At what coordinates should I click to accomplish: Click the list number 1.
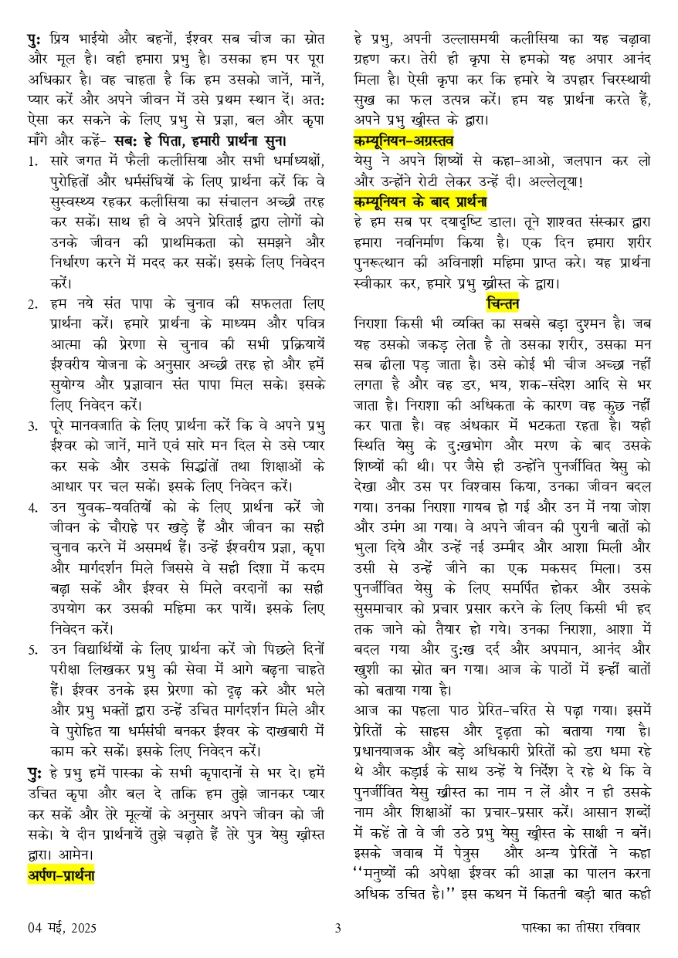(32, 161)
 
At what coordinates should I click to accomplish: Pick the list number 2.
(32, 303)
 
